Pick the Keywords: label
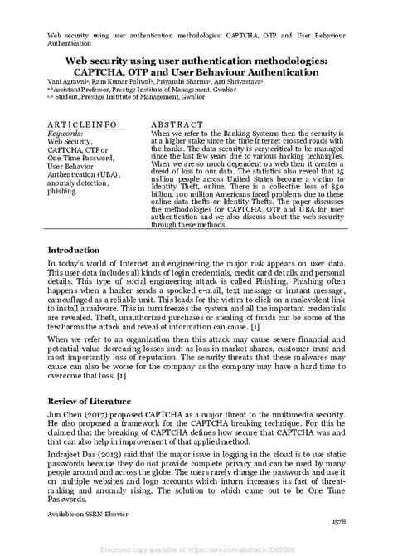[65, 133]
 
